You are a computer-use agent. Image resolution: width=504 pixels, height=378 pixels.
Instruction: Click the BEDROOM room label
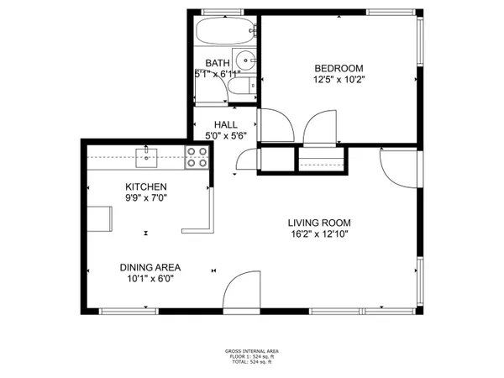tap(339, 68)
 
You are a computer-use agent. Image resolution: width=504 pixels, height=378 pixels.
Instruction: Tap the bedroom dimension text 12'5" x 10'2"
tap(339, 80)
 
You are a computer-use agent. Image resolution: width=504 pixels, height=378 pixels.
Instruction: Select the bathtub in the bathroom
tap(223, 33)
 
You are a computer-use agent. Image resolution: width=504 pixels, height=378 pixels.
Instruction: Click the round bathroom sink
tap(244, 60)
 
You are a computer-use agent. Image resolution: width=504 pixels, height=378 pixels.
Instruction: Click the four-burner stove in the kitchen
tap(197, 157)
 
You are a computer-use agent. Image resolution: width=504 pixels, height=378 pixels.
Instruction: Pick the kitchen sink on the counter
tap(148, 155)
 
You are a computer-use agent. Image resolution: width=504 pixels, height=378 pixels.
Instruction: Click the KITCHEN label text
tap(146, 186)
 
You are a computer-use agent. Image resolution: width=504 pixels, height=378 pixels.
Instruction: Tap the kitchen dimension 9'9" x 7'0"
tap(146, 198)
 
